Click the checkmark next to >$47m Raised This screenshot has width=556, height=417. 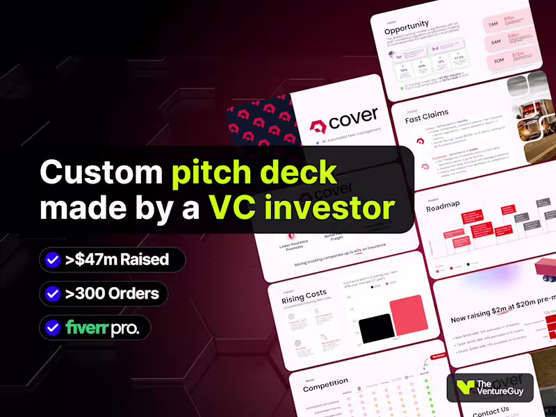tap(52, 260)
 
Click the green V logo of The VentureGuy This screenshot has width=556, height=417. tap(461, 388)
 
